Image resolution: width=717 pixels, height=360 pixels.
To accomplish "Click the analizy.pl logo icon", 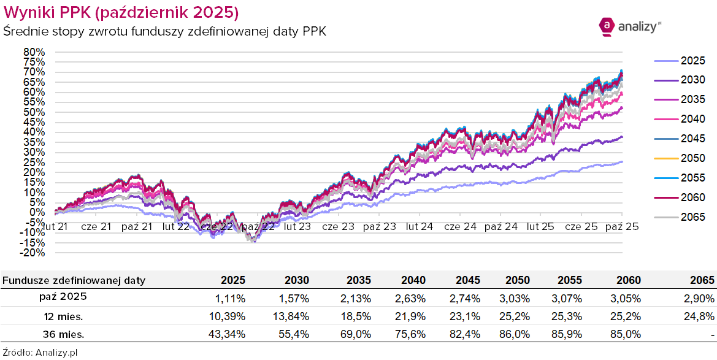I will (x=606, y=25).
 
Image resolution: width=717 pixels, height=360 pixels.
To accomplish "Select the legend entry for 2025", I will (x=680, y=61).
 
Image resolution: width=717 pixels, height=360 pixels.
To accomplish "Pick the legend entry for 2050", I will (x=680, y=158).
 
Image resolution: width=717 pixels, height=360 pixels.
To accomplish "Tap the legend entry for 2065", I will (x=680, y=217).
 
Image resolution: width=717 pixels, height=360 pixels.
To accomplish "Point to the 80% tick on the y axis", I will (x=34, y=52).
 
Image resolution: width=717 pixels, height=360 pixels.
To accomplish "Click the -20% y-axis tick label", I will (x=33, y=252).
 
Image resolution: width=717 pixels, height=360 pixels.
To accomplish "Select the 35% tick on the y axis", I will (x=34, y=142).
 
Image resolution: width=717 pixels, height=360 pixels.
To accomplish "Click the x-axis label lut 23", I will (x=296, y=226).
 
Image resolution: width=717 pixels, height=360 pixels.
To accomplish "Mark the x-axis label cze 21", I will (x=97, y=226).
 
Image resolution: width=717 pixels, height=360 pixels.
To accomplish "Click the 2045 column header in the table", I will (x=467, y=280).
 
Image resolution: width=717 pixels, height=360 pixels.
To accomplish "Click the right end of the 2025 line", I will (x=622, y=162).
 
